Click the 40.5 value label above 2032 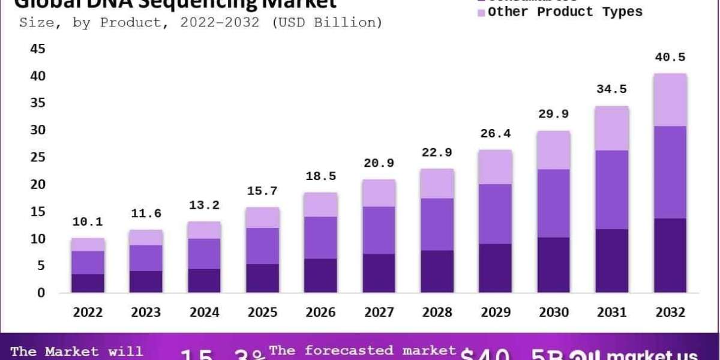pyautogui.click(x=670, y=58)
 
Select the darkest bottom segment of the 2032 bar pyautogui.click(x=670, y=255)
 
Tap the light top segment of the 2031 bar pyautogui.click(x=611, y=128)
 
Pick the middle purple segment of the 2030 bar pyautogui.click(x=553, y=203)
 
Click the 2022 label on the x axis pyautogui.click(x=88, y=313)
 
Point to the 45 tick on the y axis pyautogui.click(x=38, y=49)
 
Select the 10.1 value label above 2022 pyautogui.click(x=88, y=222)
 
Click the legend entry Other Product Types pyautogui.click(x=565, y=12)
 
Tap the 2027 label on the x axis pyautogui.click(x=379, y=313)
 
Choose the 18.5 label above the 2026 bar pyautogui.click(x=320, y=176)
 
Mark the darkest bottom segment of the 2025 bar pyautogui.click(x=262, y=278)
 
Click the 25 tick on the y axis pyautogui.click(x=38, y=157)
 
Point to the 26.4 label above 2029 pyautogui.click(x=495, y=133)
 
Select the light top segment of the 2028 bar pyautogui.click(x=437, y=183)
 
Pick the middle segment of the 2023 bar pyautogui.click(x=146, y=258)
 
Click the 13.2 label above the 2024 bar pyautogui.click(x=204, y=205)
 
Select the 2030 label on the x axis pyautogui.click(x=553, y=313)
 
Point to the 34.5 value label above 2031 pyautogui.click(x=611, y=89)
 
